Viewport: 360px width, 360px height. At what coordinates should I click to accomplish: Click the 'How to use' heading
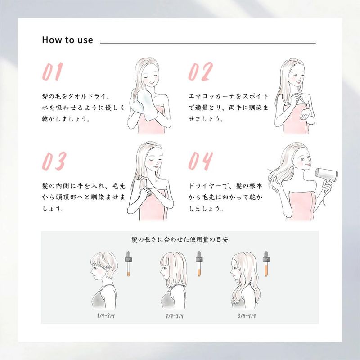(x=67, y=40)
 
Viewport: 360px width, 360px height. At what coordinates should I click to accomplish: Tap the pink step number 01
(x=53, y=72)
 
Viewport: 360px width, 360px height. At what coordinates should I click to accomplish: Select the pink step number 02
(x=200, y=72)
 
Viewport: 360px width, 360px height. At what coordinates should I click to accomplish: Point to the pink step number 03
(x=54, y=161)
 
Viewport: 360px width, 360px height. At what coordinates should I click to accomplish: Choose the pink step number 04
(x=200, y=161)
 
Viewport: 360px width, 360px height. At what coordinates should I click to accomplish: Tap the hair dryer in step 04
(x=326, y=176)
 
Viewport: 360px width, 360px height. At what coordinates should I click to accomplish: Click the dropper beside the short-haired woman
(x=128, y=264)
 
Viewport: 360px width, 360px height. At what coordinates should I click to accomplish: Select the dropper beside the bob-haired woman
(x=199, y=264)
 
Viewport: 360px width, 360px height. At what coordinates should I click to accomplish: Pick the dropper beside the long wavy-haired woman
(x=266, y=264)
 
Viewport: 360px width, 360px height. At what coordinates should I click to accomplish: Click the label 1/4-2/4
(x=106, y=316)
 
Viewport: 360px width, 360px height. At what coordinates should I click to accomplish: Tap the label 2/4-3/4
(x=175, y=316)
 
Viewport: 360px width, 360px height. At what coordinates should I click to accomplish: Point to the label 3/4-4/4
(x=247, y=316)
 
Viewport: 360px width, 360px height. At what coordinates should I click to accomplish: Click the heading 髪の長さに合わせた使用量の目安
(x=180, y=240)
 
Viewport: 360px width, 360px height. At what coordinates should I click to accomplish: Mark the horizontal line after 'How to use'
(x=208, y=43)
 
